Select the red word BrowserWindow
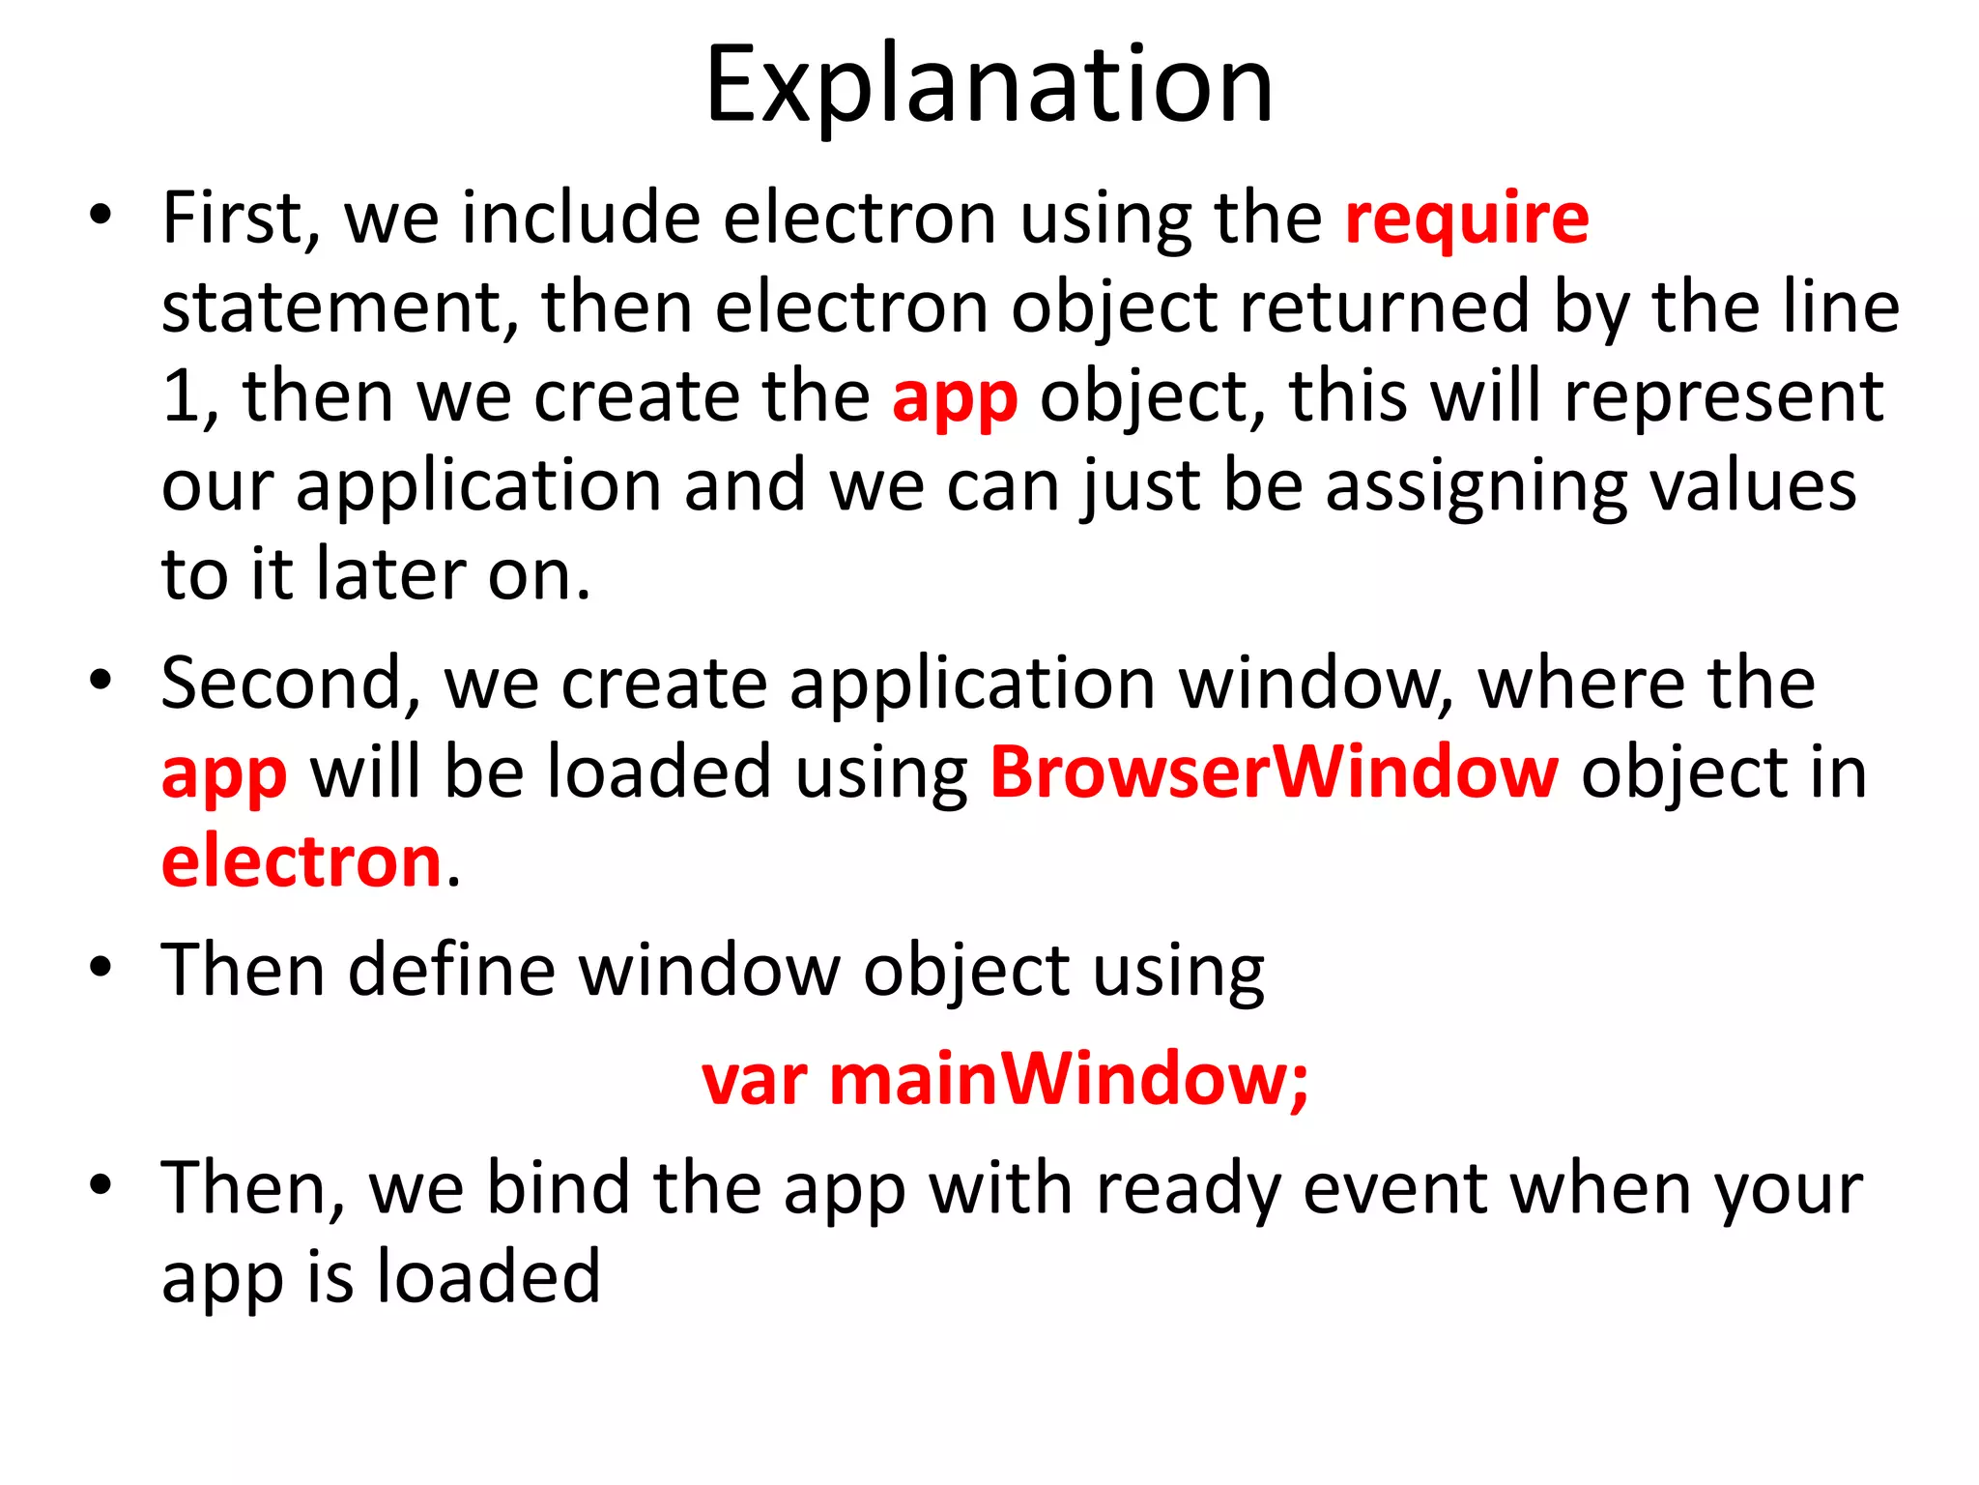1274,773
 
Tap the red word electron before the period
301,862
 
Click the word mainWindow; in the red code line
1069,1079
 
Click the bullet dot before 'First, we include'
100,215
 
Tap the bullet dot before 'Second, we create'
100,681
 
